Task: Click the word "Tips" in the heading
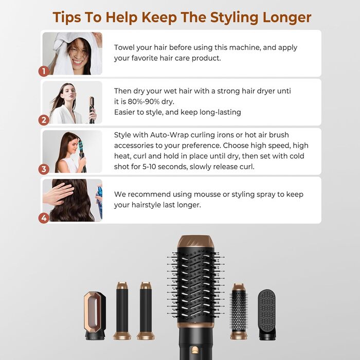pos(67,17)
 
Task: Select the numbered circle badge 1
pos(44,71)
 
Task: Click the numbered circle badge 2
pos(44,120)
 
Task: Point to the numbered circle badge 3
pos(44,169)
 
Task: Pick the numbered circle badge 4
pos(44,218)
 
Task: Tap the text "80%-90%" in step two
pos(143,101)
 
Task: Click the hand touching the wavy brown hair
pos(58,193)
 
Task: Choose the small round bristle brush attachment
pos(239,311)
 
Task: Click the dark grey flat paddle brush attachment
pos(267,315)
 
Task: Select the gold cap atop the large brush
pos(196,241)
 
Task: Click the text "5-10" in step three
pos(149,167)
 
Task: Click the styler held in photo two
pos(92,110)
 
